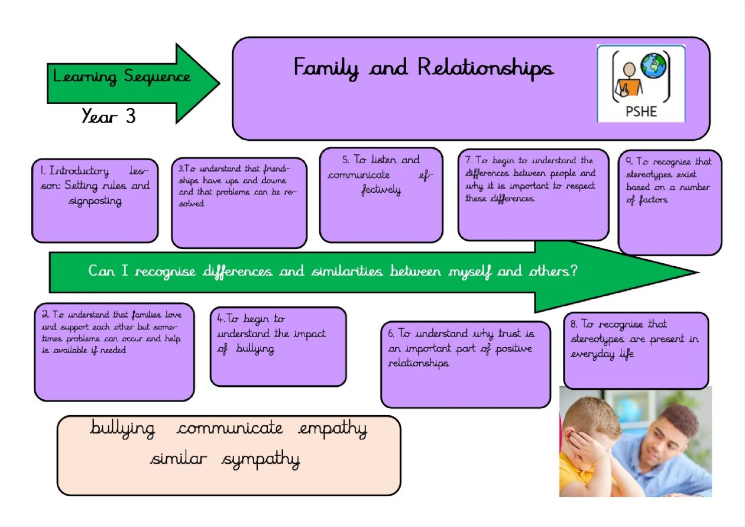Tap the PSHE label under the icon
click(x=641, y=111)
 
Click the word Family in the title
click(x=327, y=68)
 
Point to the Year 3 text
click(x=109, y=117)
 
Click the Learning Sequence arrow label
click(x=122, y=77)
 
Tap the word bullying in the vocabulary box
click(x=122, y=429)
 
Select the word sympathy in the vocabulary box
click(x=261, y=460)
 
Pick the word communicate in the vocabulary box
click(x=229, y=428)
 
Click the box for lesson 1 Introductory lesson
click(x=95, y=201)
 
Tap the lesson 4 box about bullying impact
click(x=278, y=347)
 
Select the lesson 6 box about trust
click(x=465, y=364)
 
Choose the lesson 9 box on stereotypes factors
click(x=669, y=202)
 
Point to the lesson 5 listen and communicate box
click(x=381, y=195)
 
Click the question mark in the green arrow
click(x=573, y=271)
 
